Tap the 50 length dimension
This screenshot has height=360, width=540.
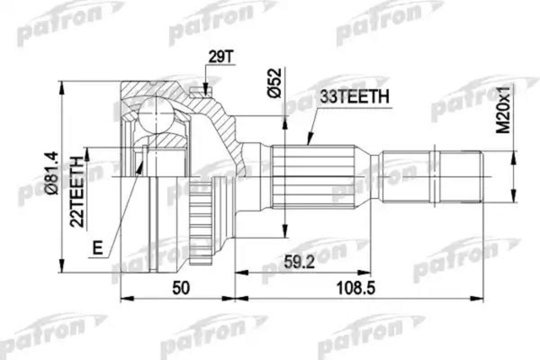180,289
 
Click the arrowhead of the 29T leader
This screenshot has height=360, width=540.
207,92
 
